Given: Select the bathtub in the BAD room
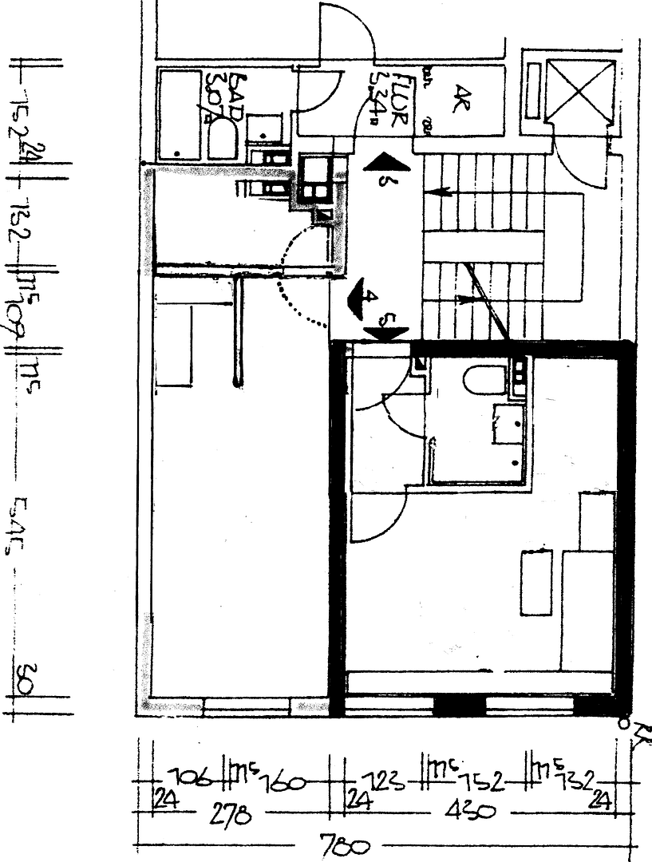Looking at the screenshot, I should pos(179,114).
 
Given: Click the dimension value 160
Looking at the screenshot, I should pos(281,781).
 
